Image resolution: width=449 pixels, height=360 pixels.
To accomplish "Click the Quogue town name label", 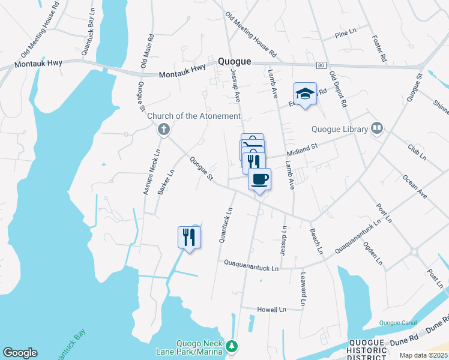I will tap(235, 61).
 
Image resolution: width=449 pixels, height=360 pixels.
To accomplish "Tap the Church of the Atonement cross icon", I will tap(163, 128).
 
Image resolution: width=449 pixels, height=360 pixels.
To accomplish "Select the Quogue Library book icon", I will tap(377, 127).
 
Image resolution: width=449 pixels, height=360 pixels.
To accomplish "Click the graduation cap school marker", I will tap(305, 94).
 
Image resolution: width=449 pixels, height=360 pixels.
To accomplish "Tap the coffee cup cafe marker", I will tap(259, 179).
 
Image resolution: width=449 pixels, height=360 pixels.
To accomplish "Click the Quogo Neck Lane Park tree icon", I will tap(232, 347).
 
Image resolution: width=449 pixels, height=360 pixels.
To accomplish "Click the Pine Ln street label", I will tap(345, 35).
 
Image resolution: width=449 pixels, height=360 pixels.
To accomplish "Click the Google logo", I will tap(20, 353).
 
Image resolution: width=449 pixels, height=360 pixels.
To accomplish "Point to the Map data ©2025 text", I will tap(423, 355).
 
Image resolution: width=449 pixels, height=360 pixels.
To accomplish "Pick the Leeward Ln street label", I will tap(302, 290).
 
